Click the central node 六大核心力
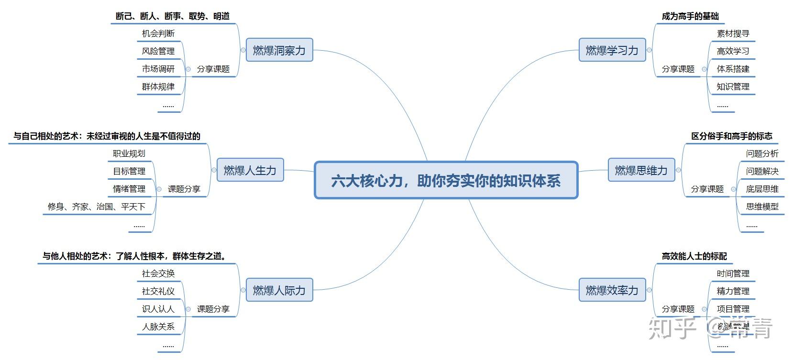tap(446, 180)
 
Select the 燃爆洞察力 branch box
tap(279, 50)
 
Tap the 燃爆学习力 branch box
tap(612, 50)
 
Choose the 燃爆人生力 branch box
tap(250, 170)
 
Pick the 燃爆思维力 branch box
tap(641, 170)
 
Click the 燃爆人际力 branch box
tap(279, 290)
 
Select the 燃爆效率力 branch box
tap(612, 290)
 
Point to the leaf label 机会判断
tap(158, 33)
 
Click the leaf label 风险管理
tap(158, 51)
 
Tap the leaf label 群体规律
tap(158, 87)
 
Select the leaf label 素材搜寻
tap(733, 33)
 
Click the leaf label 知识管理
tap(733, 87)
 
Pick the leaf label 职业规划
tap(129, 153)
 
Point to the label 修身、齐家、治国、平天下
tap(97, 207)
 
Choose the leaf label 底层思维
tap(762, 189)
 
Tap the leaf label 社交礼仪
tap(158, 291)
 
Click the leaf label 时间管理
tap(733, 273)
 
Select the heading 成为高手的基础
tap(690, 16)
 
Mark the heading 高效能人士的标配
tap(694, 256)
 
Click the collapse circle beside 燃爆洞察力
tap(243, 50)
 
